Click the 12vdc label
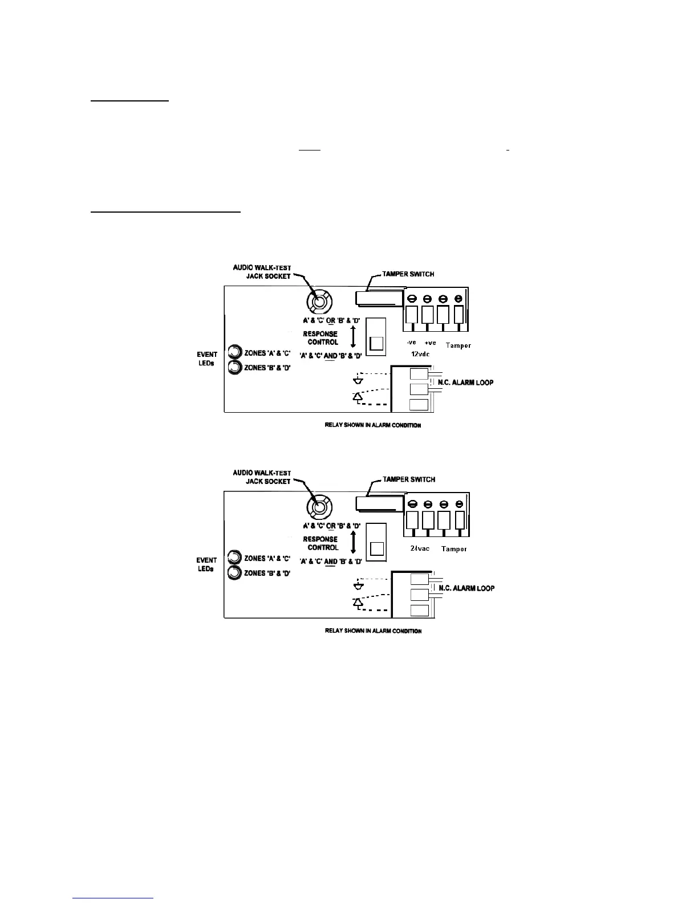(420, 354)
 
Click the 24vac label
(420, 548)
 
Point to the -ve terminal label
(411, 343)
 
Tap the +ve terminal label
(430, 343)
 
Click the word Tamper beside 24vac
(454, 549)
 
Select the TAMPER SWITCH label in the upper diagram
(408, 274)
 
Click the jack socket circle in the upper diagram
(319, 300)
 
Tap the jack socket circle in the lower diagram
(319, 506)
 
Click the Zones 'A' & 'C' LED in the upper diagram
(234, 352)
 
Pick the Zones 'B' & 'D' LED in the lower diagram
(234, 573)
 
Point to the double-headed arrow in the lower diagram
(354, 542)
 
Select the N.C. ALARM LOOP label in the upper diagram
(465, 382)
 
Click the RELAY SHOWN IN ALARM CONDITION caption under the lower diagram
(373, 631)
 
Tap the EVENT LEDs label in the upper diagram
(206, 359)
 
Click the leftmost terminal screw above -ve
(412, 299)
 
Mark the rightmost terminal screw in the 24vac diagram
(458, 504)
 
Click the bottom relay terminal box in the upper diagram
(419, 405)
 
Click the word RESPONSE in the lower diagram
(320, 539)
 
